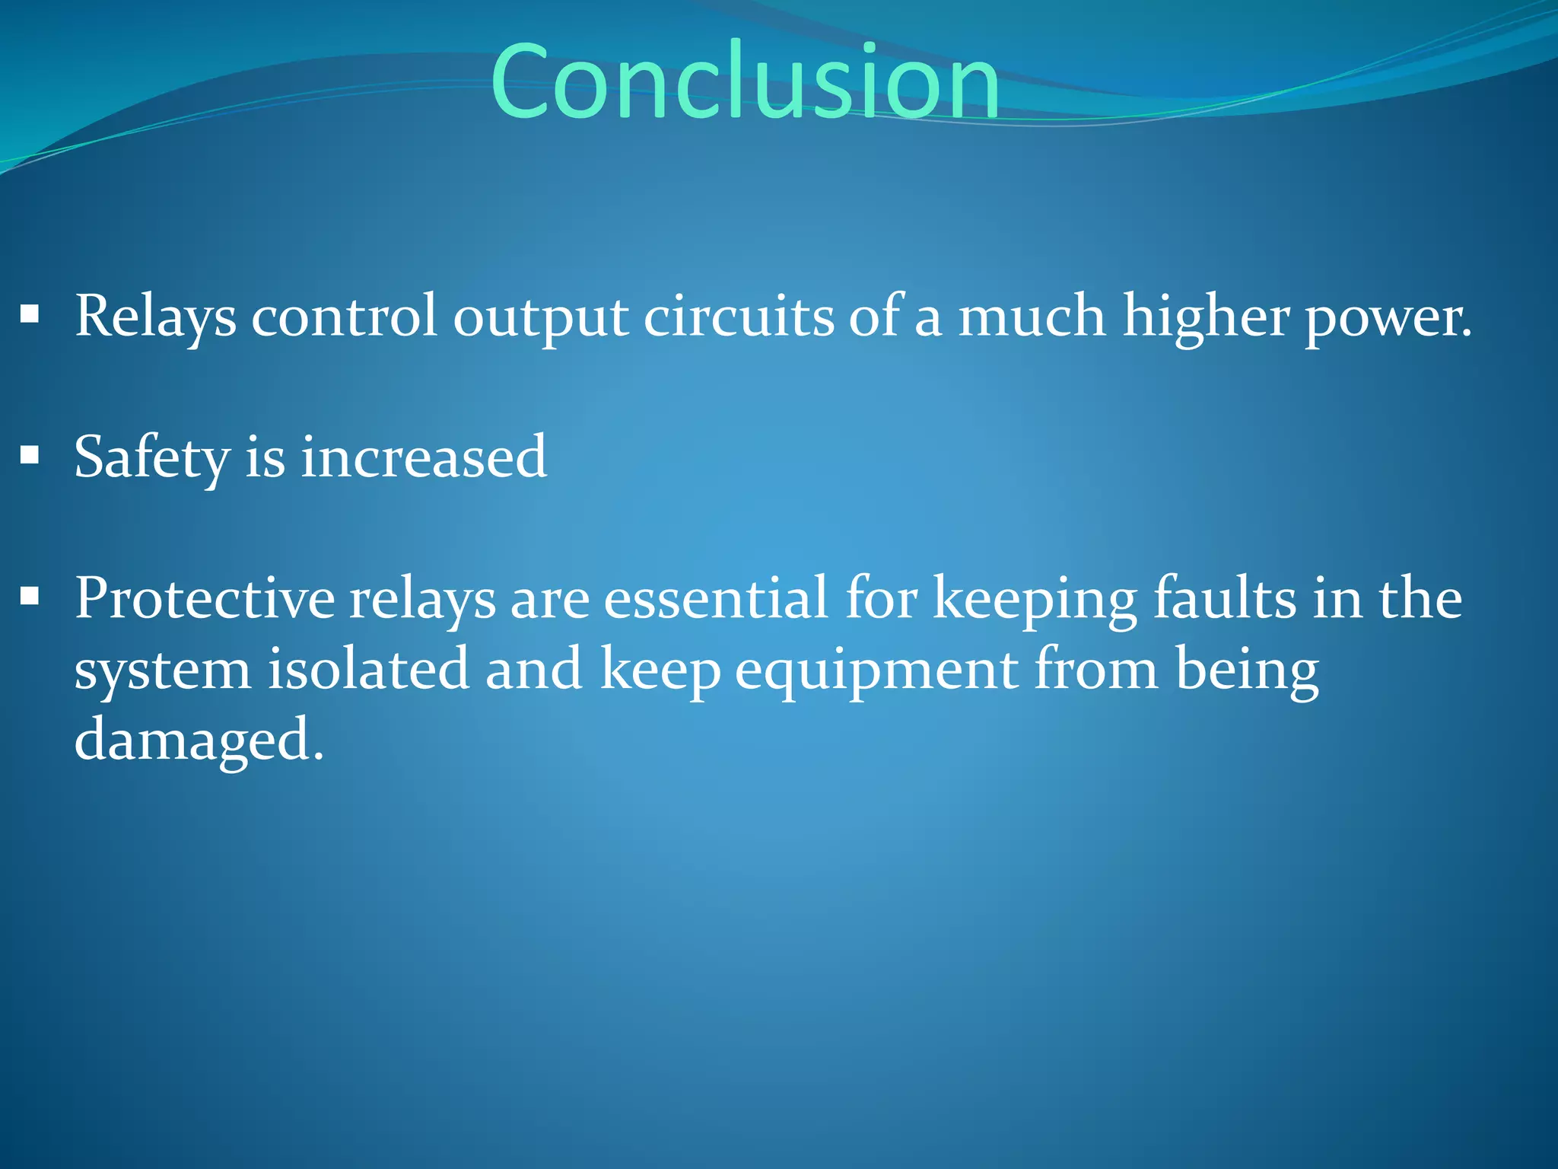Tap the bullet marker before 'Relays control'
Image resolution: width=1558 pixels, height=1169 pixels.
(30, 314)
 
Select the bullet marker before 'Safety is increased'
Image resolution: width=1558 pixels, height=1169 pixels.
(30, 456)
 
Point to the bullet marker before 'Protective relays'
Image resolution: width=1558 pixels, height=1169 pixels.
(30, 597)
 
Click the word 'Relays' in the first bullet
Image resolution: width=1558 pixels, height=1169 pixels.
(155, 316)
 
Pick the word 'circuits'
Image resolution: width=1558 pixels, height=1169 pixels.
(739, 316)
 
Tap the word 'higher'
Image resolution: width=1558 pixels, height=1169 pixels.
(1206, 316)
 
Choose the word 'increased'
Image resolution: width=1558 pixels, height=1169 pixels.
(424, 457)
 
